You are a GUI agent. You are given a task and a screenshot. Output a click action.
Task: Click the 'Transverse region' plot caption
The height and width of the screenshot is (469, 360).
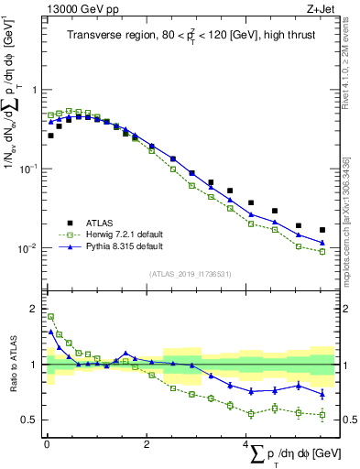[x=191, y=36]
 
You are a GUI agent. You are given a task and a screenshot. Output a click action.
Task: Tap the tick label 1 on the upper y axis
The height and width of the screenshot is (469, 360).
[x=34, y=90]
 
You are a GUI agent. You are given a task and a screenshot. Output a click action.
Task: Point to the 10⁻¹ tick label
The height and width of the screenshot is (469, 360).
[x=30, y=169]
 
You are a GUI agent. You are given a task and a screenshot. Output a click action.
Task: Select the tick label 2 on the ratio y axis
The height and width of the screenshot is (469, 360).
[x=34, y=309]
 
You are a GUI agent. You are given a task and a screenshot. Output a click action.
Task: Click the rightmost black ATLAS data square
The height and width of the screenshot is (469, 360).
[x=322, y=230]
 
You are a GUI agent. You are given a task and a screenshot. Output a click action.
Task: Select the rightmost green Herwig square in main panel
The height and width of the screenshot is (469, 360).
[x=322, y=251]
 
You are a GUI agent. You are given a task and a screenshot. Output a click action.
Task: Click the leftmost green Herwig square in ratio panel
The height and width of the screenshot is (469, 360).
[x=50, y=317]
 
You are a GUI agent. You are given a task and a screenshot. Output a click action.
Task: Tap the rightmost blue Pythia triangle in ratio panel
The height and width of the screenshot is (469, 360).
[x=322, y=395]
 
